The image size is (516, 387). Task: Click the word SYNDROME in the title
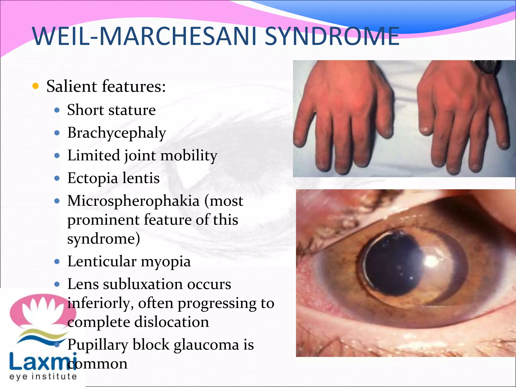pyautogui.click(x=332, y=37)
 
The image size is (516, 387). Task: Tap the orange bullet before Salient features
pyautogui.click(x=36, y=86)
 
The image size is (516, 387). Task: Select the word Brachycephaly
pyautogui.click(x=117, y=133)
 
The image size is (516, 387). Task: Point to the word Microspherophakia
pyautogui.click(x=133, y=201)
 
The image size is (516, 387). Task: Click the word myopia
pyautogui.click(x=166, y=262)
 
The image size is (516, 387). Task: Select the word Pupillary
pyautogui.click(x=98, y=345)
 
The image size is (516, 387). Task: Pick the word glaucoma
pyautogui.click(x=206, y=345)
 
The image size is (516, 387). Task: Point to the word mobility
pyautogui.click(x=189, y=155)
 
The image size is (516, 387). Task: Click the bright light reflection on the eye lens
pyautogui.click(x=431, y=261)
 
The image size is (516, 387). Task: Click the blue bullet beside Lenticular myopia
pyautogui.click(x=57, y=262)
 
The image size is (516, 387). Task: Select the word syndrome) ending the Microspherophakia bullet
pyautogui.click(x=104, y=239)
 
